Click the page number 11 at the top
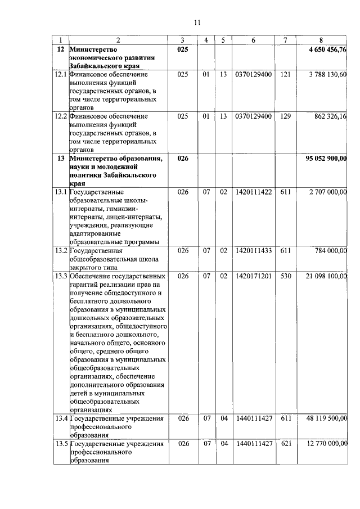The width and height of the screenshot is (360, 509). tap(197, 22)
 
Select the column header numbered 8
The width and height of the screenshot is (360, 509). tap(321, 40)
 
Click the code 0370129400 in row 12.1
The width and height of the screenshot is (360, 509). tap(253, 74)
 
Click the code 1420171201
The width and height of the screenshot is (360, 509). tap(253, 277)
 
